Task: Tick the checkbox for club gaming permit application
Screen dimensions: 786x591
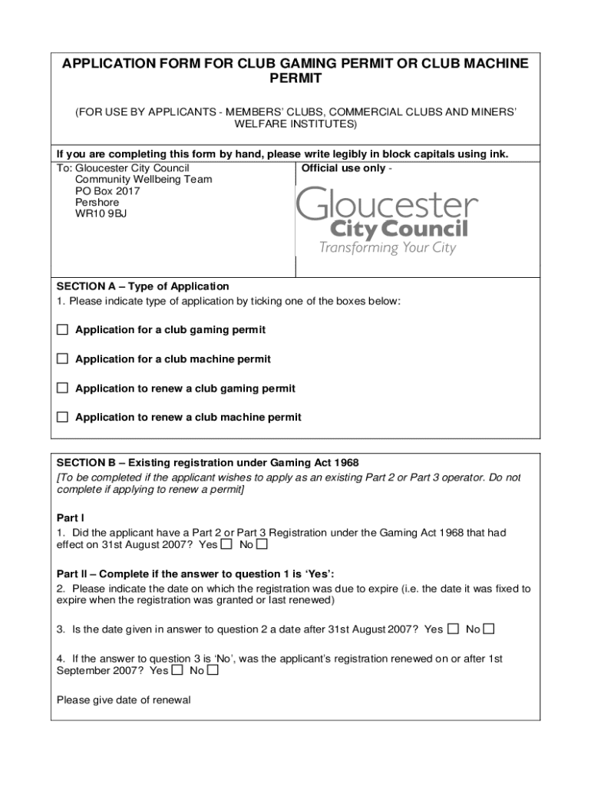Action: [x=62, y=330]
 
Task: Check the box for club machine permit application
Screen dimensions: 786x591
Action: [x=62, y=359]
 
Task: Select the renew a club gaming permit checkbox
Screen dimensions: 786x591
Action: [x=62, y=388]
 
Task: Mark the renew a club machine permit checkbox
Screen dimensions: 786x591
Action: [x=62, y=418]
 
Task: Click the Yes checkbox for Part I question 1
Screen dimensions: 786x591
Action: [x=226, y=545]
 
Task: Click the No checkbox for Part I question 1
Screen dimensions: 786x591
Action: [x=262, y=545]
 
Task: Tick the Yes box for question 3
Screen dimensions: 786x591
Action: [x=453, y=629]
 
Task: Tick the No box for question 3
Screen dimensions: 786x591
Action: [x=489, y=629]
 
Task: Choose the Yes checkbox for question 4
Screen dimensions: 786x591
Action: [x=177, y=670]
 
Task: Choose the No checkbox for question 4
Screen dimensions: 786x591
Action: [x=213, y=670]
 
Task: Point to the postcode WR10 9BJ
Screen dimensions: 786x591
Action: [x=101, y=214]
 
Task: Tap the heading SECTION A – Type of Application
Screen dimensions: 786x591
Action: [x=143, y=286]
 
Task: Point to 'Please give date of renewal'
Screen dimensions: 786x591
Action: [x=124, y=700]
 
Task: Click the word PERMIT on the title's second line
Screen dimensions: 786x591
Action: [x=295, y=79]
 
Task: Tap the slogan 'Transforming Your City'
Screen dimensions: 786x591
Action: [x=388, y=248]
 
